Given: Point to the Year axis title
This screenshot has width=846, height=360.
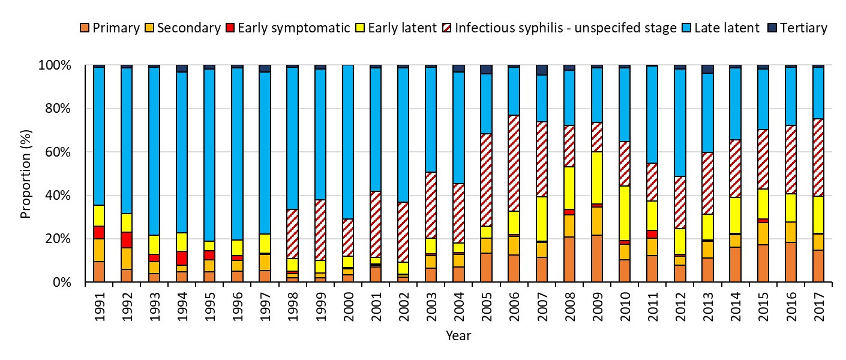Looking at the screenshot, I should pos(458,336).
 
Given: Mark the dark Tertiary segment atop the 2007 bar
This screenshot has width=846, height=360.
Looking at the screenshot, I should pos(541,70).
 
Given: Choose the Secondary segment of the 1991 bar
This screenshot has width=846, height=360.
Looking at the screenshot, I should pos(99,250).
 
